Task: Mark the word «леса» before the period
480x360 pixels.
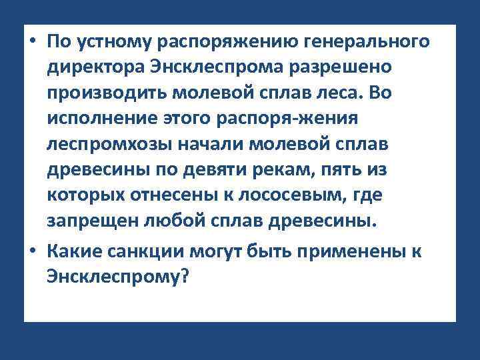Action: click(x=333, y=94)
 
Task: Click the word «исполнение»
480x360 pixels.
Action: click(x=96, y=119)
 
